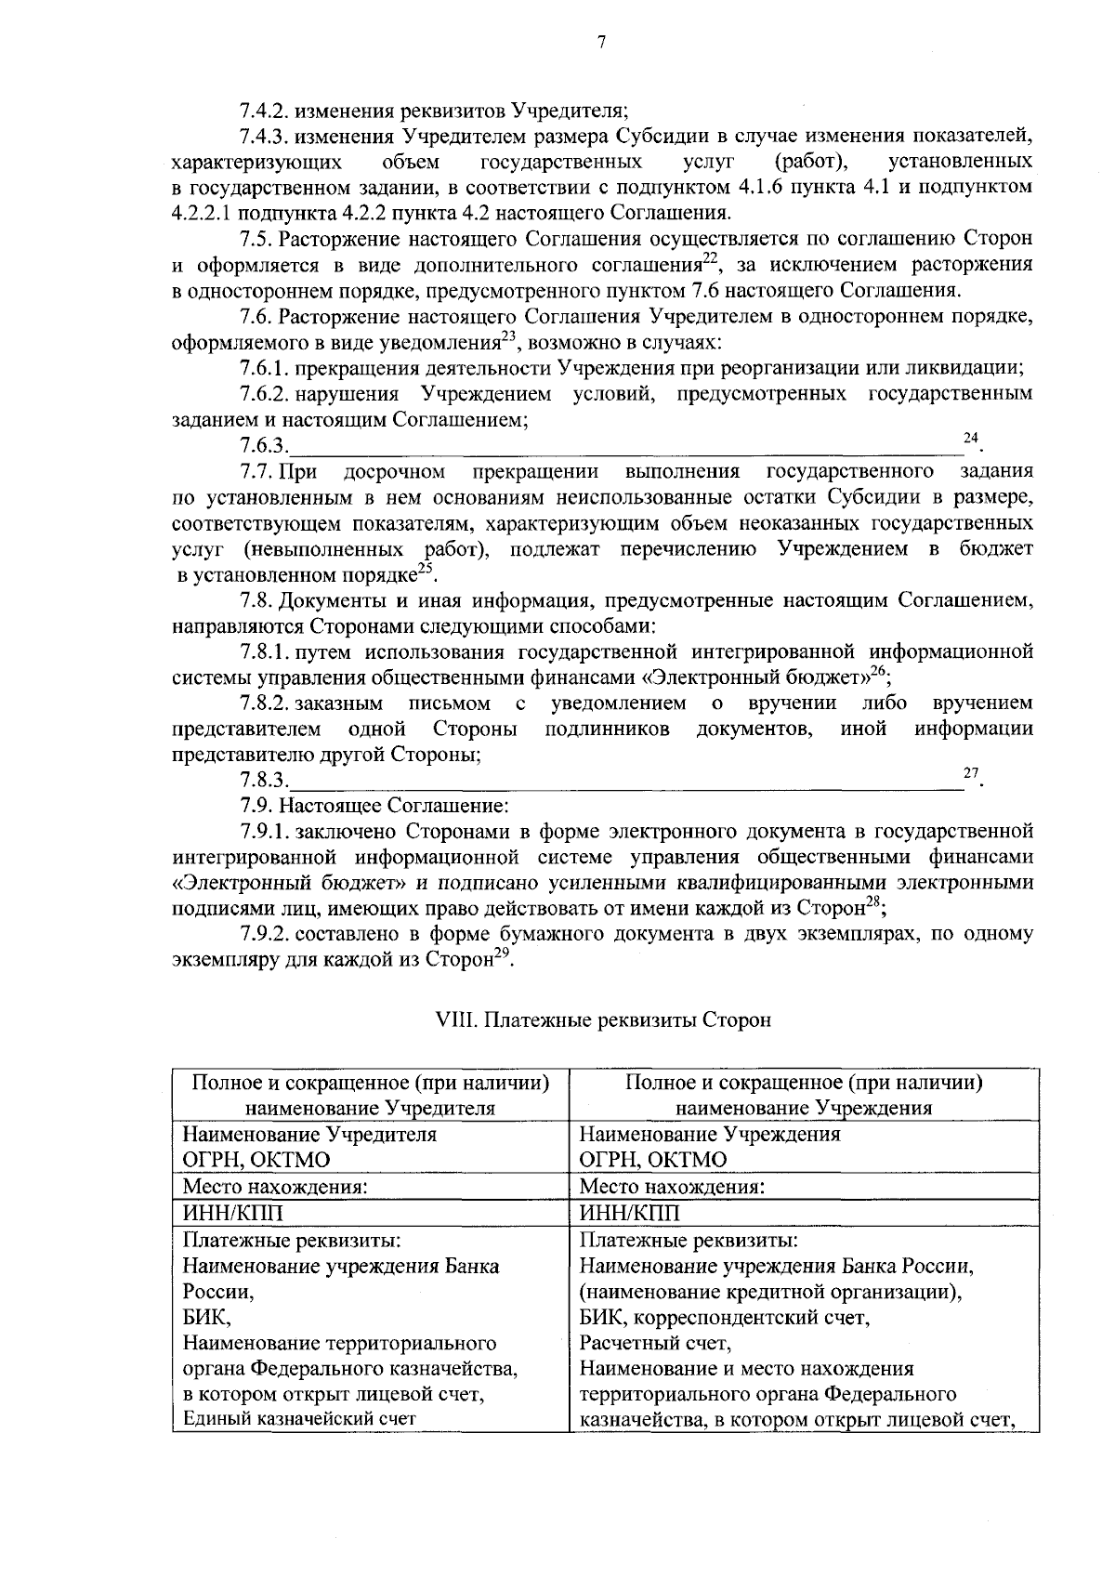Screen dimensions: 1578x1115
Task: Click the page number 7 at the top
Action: [x=602, y=41]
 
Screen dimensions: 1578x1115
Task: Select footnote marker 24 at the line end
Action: [x=970, y=438]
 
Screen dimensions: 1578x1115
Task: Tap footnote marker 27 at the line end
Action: [x=970, y=772]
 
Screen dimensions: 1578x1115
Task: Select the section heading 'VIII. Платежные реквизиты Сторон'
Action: [x=603, y=1019]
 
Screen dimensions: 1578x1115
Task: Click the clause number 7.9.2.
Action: [x=266, y=935]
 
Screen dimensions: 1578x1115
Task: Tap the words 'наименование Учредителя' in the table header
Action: [x=370, y=1108]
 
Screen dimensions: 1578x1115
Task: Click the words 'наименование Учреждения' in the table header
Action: [x=804, y=1108]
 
